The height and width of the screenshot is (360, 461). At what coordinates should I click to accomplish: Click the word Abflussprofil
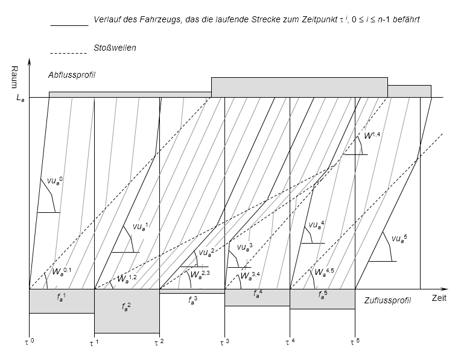pyautogui.click(x=72, y=75)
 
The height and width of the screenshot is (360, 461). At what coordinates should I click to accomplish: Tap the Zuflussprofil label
pyautogui.click(x=387, y=300)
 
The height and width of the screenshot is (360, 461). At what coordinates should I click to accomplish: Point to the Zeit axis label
pyautogui.click(x=439, y=298)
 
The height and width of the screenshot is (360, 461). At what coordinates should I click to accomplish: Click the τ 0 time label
pyautogui.click(x=29, y=342)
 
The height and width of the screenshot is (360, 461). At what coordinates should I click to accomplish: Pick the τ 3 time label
pyautogui.click(x=224, y=342)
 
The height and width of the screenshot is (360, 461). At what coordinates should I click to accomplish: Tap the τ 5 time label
pyautogui.click(x=355, y=342)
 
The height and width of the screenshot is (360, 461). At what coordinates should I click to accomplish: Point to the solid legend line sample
pyautogui.click(x=69, y=26)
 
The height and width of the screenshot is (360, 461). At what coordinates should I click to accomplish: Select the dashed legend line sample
pyautogui.click(x=69, y=53)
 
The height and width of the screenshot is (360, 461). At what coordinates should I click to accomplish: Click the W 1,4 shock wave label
pyautogui.click(x=372, y=136)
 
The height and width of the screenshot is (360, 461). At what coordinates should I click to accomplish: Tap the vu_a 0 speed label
pyautogui.click(x=54, y=181)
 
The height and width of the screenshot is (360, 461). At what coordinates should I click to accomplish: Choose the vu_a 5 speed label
pyautogui.click(x=399, y=238)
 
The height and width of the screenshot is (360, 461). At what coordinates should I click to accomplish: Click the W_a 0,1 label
pyautogui.click(x=62, y=271)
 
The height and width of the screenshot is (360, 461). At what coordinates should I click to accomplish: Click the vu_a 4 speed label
pyautogui.click(x=317, y=225)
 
